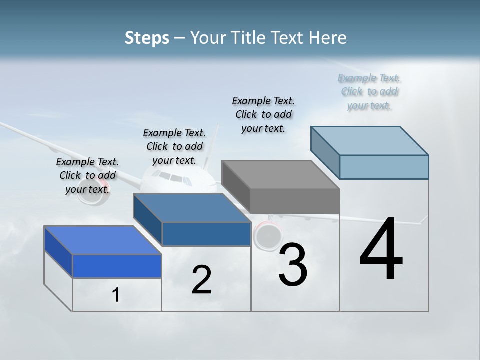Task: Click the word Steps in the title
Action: pos(147,38)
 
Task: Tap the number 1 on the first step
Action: pos(116,295)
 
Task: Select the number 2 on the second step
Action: pos(201,280)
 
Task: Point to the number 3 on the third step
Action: pos(293,265)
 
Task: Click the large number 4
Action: pos(381,250)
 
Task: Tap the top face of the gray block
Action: pos(280,175)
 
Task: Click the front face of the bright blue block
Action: pos(117,266)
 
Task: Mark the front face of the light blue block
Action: pos(384,167)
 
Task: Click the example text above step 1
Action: pos(87,175)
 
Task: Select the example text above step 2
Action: pos(174,146)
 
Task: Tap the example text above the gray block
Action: pos(263,114)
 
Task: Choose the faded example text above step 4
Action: pos(369,91)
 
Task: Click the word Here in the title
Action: pos(328,38)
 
